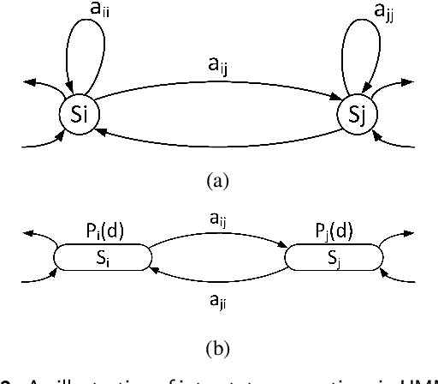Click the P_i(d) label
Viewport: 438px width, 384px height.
tap(104, 234)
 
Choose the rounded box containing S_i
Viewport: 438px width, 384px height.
tap(103, 257)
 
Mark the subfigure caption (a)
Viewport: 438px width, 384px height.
tap(218, 181)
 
